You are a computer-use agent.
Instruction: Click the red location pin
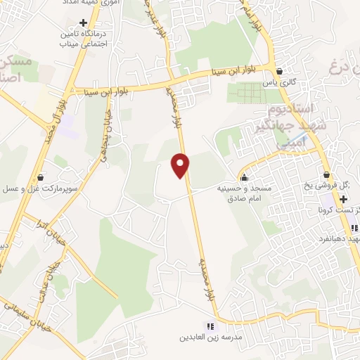click(181, 165)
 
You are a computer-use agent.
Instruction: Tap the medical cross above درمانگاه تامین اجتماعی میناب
click(84, 22)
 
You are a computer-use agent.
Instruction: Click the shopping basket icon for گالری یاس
click(280, 71)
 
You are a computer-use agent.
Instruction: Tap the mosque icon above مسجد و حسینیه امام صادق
click(244, 176)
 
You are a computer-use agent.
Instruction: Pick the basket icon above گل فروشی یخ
click(326, 175)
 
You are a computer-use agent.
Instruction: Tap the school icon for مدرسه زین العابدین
click(209, 326)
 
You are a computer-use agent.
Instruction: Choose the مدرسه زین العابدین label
click(233, 337)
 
